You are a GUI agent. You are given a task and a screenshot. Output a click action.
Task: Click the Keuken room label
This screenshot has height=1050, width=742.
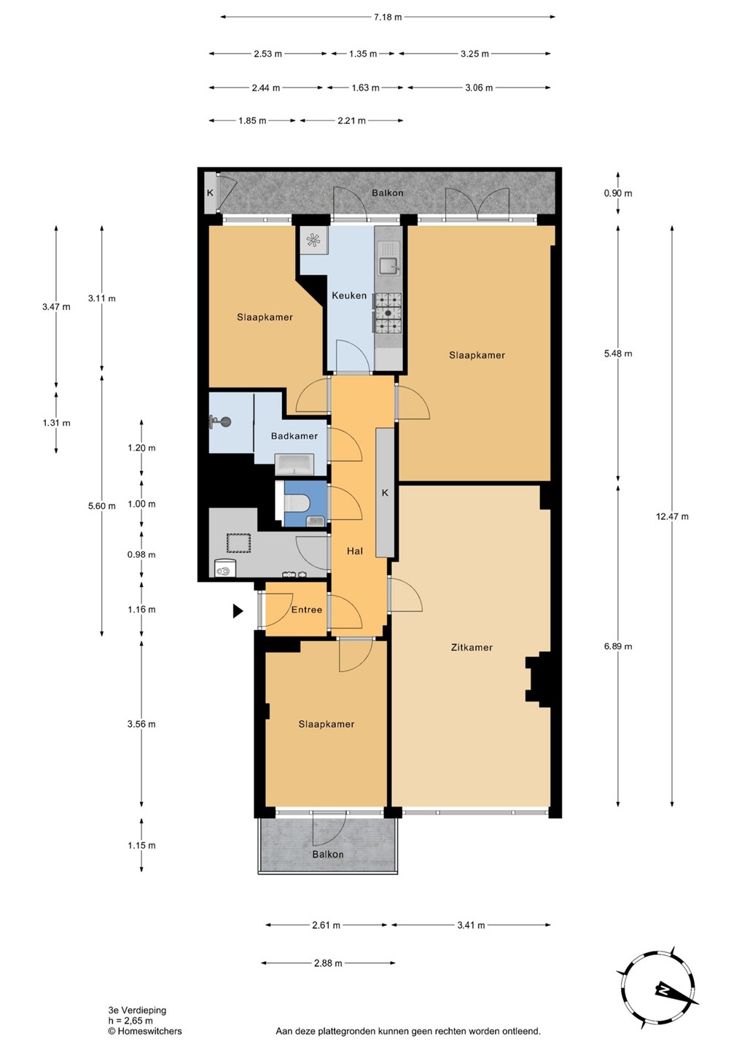(349, 295)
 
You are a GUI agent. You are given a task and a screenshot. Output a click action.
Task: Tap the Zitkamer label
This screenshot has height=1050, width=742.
(472, 647)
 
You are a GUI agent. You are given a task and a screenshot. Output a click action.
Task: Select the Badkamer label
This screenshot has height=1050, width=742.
(294, 436)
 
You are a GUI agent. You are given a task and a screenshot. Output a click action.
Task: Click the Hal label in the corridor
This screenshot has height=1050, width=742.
(355, 551)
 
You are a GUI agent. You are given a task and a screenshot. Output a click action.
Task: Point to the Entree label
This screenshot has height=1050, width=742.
(307, 610)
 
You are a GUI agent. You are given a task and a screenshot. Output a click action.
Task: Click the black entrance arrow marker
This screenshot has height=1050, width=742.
(238, 611)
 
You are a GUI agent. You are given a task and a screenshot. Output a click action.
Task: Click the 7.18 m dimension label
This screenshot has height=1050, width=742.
(387, 17)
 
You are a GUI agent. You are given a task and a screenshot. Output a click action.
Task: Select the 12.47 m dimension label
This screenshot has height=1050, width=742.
(672, 516)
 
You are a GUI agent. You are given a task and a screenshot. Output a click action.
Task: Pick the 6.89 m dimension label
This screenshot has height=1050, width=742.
(618, 646)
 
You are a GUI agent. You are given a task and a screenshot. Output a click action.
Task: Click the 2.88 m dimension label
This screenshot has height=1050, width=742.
(328, 963)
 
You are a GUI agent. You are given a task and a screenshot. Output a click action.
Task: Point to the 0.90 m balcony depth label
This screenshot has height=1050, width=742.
(618, 193)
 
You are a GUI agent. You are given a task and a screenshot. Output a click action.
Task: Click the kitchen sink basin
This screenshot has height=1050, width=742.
(388, 266)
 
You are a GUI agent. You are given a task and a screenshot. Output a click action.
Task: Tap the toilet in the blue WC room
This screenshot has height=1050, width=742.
(297, 505)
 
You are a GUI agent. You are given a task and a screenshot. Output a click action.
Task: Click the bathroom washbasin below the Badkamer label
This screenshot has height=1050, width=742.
(294, 464)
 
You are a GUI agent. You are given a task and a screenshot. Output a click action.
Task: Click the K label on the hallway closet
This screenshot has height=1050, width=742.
(385, 493)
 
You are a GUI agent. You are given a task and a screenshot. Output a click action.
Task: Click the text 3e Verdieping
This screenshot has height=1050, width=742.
(137, 1011)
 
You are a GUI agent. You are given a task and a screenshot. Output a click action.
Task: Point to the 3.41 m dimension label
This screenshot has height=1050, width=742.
(472, 925)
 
